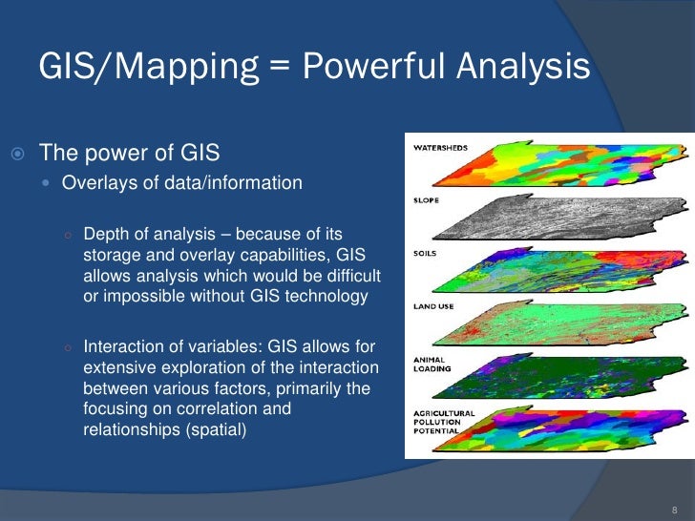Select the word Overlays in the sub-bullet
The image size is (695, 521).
tap(94, 182)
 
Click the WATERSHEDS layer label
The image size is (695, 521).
tap(439, 148)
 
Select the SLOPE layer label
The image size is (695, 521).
tap(426, 200)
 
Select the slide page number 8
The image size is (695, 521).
tap(675, 510)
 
